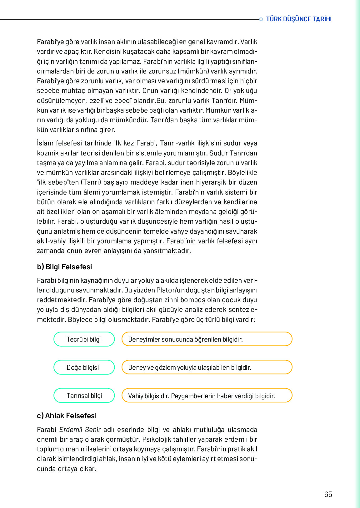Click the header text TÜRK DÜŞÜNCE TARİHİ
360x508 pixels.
[298, 19]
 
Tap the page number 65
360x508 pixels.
[328, 495]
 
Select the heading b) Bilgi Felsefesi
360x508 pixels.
[64, 267]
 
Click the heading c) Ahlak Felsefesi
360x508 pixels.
[67, 416]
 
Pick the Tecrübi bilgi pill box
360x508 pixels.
[84, 339]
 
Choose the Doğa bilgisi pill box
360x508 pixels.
[84, 368]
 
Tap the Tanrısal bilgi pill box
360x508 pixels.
[84, 396]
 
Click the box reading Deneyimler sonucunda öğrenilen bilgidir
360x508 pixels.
[207, 339]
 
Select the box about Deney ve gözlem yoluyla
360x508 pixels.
[207, 368]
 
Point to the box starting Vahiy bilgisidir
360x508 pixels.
[207, 396]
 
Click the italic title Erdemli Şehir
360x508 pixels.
[80, 430]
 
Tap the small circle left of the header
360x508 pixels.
[261, 19]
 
